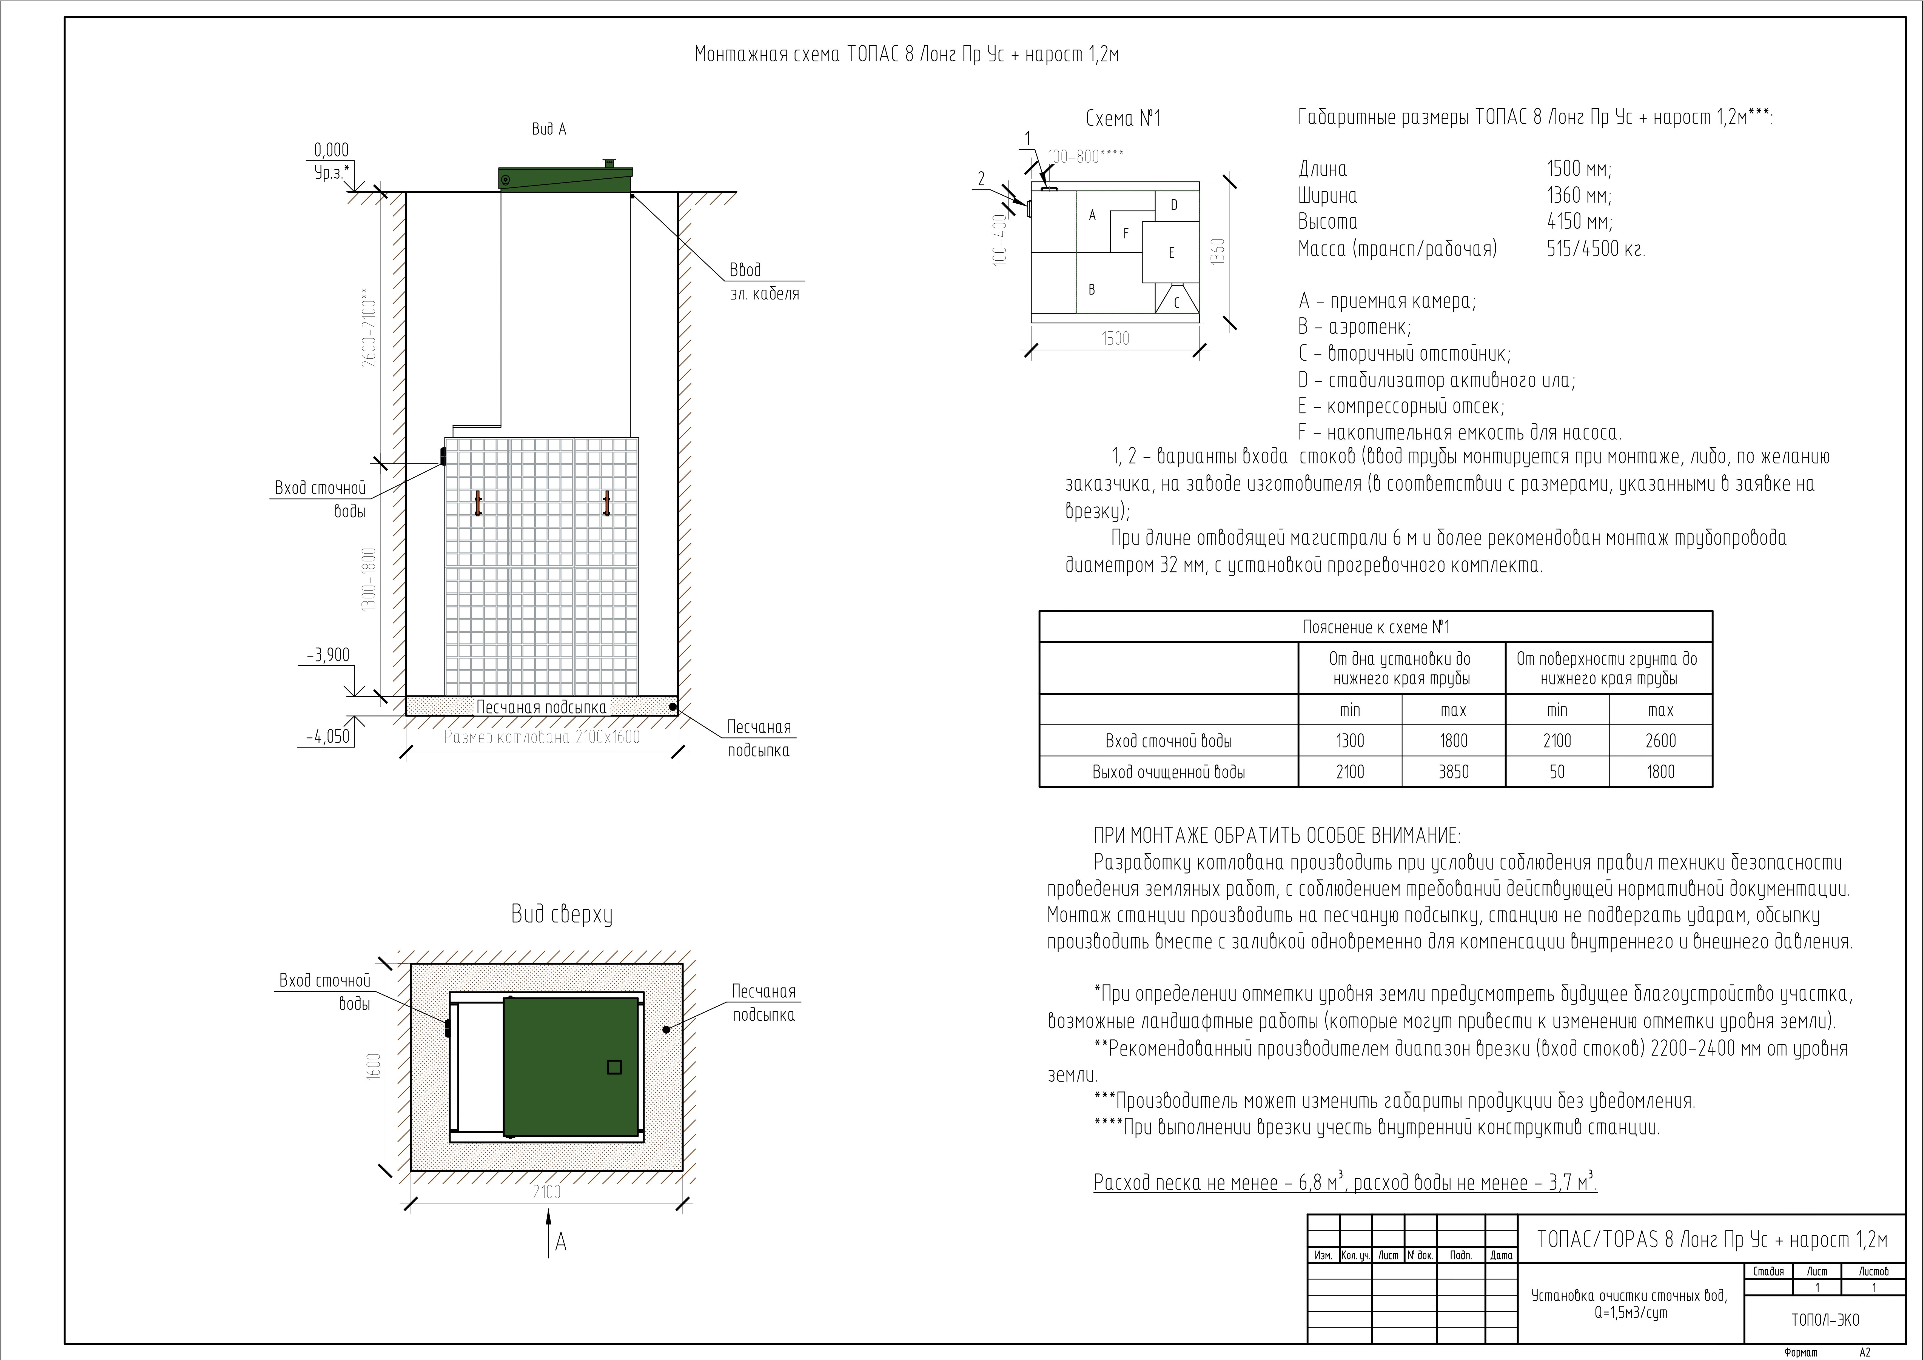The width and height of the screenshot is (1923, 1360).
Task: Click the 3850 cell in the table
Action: pos(1453,771)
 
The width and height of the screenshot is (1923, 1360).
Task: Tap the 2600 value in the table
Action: pos(1660,740)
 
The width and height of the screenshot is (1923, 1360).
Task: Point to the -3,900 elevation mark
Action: pos(327,655)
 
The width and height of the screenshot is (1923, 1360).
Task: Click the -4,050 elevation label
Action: pos(327,737)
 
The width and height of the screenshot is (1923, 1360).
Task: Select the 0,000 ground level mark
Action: pos(331,150)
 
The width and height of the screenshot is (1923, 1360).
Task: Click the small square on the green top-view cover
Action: pos(614,1067)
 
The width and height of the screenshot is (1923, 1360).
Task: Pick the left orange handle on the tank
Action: pos(478,503)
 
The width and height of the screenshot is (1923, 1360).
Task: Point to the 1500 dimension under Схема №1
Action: pos(1115,338)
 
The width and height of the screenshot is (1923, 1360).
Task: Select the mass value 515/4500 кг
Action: pos(1596,249)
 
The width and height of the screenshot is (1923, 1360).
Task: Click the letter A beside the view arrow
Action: pos(561,1242)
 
